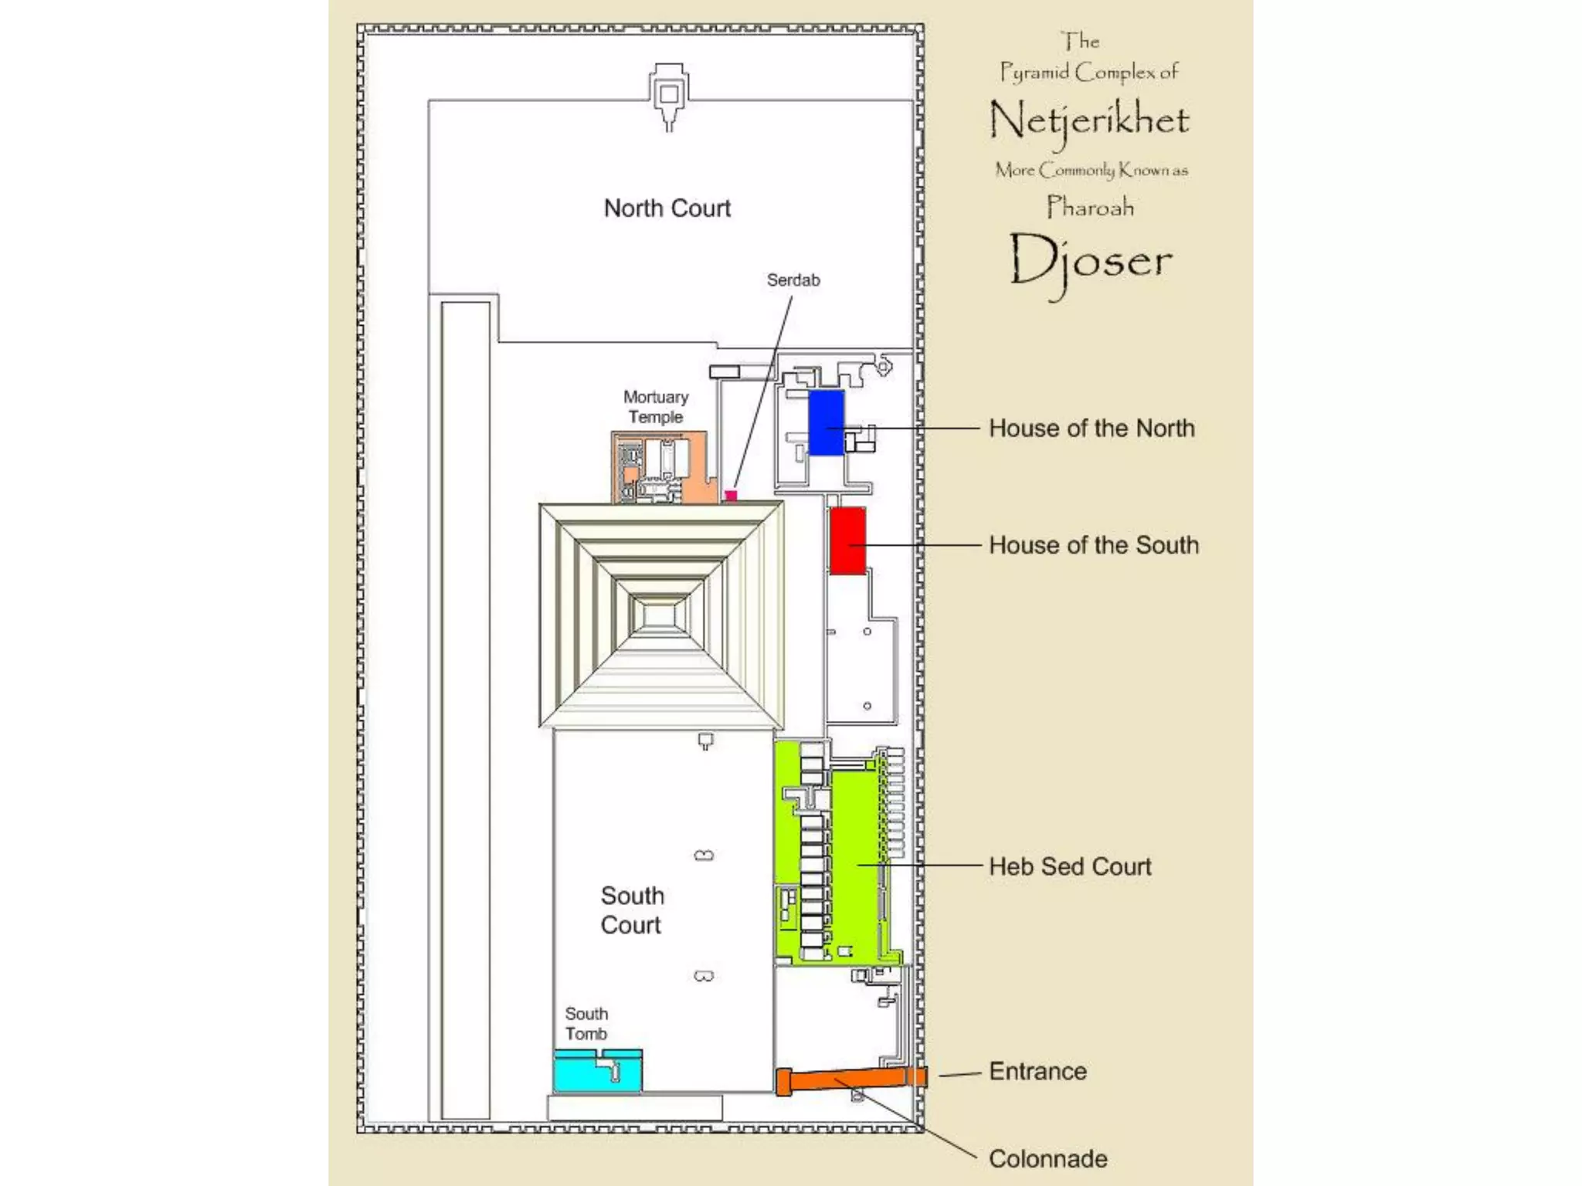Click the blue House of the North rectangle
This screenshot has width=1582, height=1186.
[x=826, y=422]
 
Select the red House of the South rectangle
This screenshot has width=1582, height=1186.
[x=847, y=540]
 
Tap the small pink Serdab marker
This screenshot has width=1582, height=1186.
[x=731, y=495]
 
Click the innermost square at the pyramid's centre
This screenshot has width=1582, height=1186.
[x=659, y=615]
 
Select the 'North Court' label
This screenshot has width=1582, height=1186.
[x=667, y=208]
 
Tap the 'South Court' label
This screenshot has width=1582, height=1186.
[x=632, y=910]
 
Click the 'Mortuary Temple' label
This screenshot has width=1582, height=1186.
[x=656, y=407]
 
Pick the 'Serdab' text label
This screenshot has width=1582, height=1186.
[x=793, y=280]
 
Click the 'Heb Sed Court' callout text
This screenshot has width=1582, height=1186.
[x=1070, y=866]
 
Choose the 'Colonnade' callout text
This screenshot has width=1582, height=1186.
[x=1048, y=1158]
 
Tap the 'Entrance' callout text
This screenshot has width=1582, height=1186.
[x=1037, y=1071]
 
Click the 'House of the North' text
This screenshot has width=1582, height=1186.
[x=1091, y=428]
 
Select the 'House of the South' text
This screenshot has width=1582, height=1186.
[x=1094, y=545]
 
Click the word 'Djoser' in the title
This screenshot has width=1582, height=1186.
[x=1090, y=261]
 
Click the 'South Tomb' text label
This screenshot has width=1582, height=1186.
[x=586, y=1024]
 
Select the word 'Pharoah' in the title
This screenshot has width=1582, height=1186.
[x=1090, y=207]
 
